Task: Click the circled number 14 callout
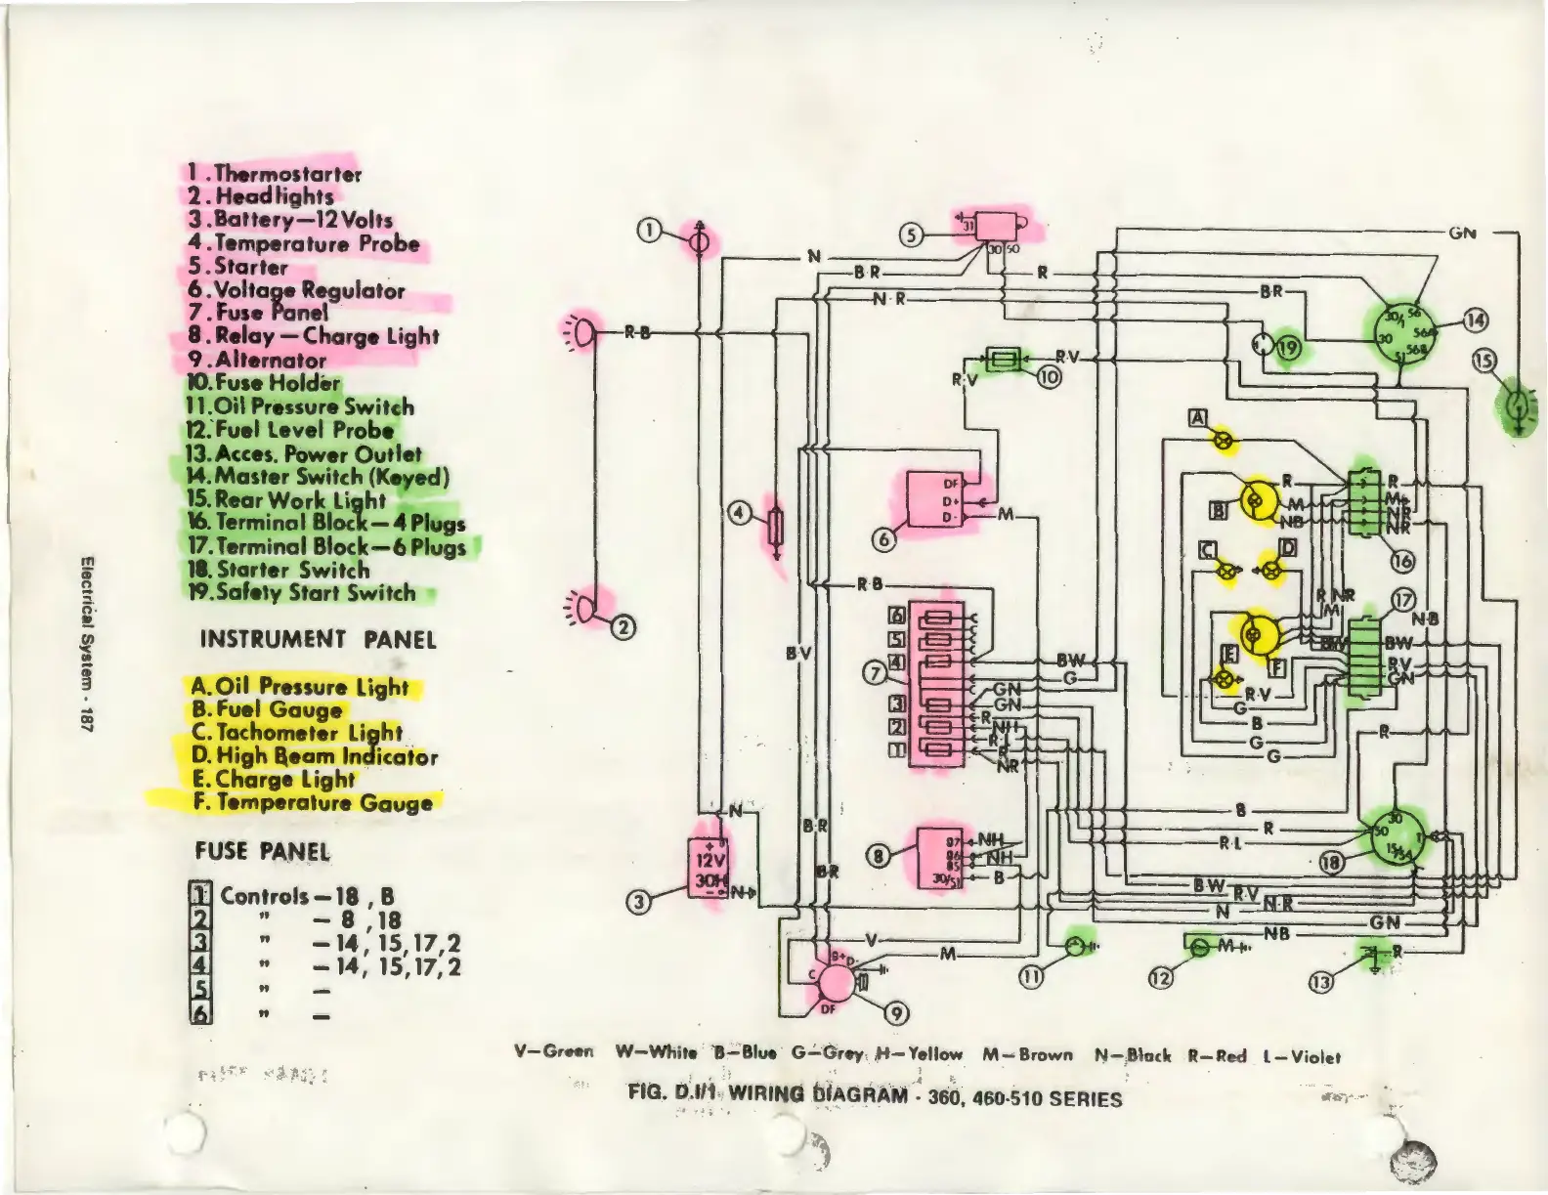click(1475, 320)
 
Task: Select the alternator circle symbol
click(834, 982)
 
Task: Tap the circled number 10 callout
click(1049, 377)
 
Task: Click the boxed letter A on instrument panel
click(1197, 418)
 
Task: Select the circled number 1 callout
click(649, 231)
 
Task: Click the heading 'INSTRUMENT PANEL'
click(318, 640)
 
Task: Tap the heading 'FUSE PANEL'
click(262, 851)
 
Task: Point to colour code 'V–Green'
click(553, 1052)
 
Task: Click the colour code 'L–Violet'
click(1302, 1056)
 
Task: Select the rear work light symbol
click(1517, 405)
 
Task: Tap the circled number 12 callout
click(1160, 978)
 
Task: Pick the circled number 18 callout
click(1331, 862)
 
